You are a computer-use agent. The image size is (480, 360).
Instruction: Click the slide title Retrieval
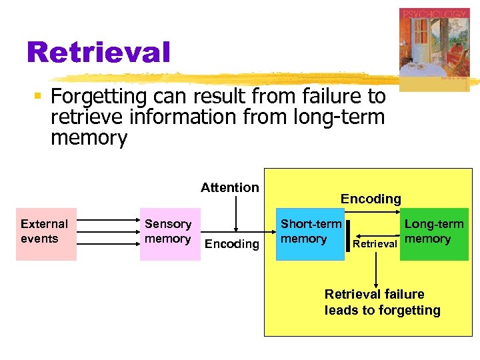click(x=99, y=52)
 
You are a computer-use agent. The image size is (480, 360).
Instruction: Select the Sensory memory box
click(x=169, y=233)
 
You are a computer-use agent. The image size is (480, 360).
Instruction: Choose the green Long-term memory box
click(x=434, y=233)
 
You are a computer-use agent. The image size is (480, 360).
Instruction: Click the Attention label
click(x=229, y=187)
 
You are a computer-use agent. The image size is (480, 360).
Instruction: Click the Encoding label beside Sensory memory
click(x=231, y=244)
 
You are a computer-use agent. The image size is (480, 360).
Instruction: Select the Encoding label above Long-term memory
click(x=371, y=199)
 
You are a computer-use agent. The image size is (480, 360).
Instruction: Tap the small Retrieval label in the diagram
click(x=375, y=244)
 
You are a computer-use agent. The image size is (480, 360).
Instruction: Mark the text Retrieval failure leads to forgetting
click(x=382, y=302)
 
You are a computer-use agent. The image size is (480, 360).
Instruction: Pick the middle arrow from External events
click(x=109, y=233)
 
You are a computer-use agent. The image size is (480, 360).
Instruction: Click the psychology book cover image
click(x=434, y=50)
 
